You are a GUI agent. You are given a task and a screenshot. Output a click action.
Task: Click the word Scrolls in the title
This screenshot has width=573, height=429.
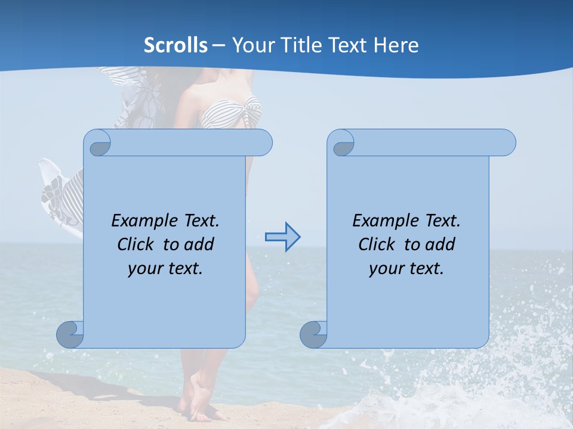(176, 45)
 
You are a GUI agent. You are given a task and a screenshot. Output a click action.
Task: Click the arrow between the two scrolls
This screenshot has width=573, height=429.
(282, 237)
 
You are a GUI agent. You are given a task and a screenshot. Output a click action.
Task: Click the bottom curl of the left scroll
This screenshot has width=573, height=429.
(70, 334)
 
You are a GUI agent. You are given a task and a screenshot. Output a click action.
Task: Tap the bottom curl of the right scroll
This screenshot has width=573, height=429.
(313, 334)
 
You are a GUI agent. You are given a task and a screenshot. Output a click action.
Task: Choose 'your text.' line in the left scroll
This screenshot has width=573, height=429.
(165, 268)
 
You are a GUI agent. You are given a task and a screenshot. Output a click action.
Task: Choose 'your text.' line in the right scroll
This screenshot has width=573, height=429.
(406, 268)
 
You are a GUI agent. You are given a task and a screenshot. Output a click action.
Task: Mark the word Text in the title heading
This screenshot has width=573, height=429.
(349, 45)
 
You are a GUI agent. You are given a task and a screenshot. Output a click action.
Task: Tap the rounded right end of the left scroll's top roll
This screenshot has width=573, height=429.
(263, 143)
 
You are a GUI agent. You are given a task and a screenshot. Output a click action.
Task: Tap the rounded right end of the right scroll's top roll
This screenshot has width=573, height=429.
(506, 143)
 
